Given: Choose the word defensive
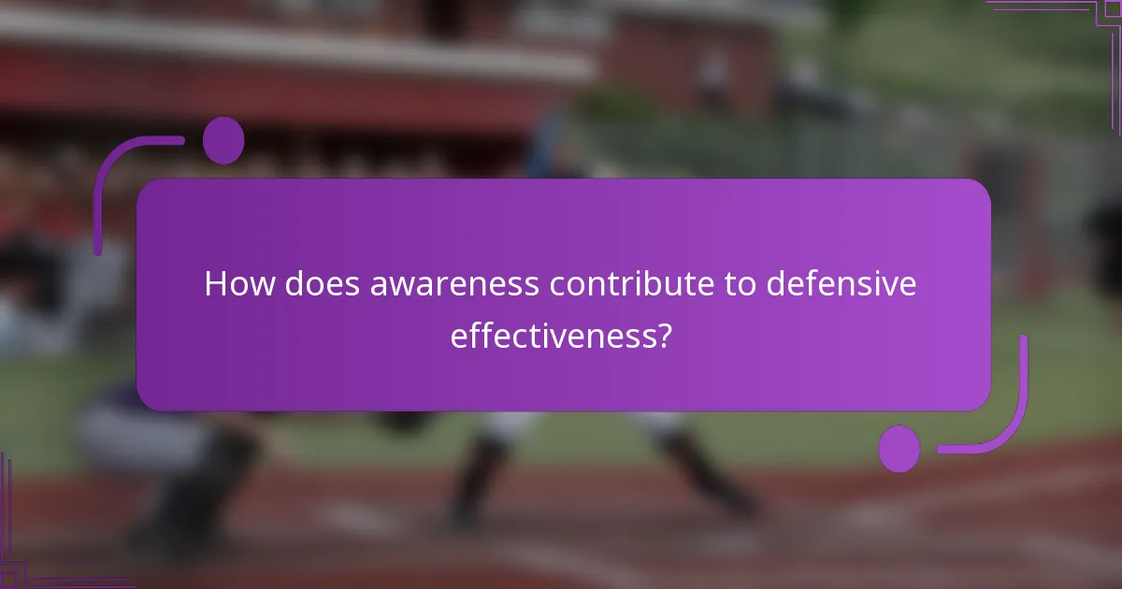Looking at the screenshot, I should [x=842, y=284].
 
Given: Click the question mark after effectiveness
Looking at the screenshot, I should [x=663, y=336].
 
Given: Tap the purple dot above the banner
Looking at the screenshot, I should [x=223, y=140].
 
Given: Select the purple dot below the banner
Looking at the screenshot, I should [x=899, y=449].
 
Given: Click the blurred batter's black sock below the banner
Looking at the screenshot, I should [x=467, y=477].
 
